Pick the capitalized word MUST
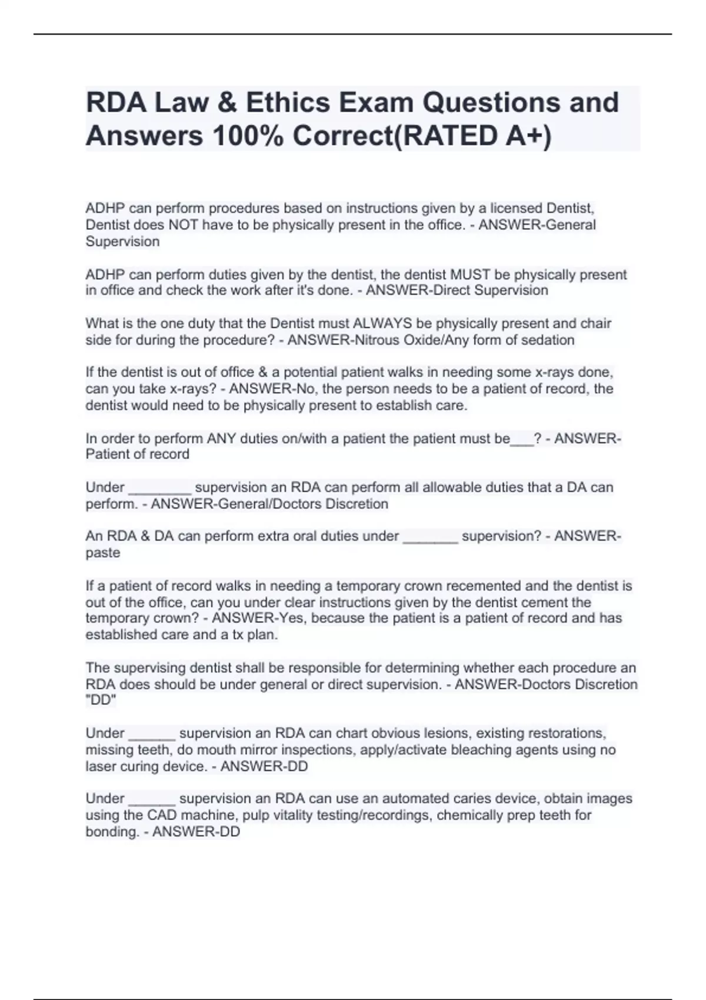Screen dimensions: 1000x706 pos(471,275)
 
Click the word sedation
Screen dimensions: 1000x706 pos(547,340)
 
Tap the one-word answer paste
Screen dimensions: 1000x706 pos(103,553)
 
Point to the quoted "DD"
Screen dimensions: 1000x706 pos(101,700)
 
